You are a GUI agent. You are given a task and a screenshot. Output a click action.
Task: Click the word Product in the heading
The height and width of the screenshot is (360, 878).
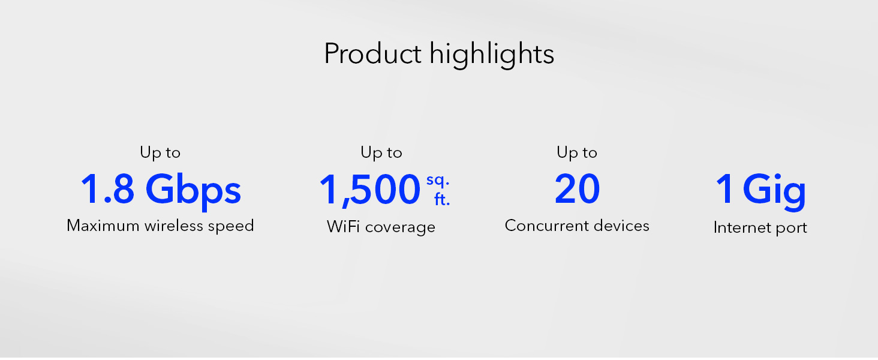(372, 53)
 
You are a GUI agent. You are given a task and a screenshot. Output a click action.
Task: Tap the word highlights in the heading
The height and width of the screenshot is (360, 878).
(492, 55)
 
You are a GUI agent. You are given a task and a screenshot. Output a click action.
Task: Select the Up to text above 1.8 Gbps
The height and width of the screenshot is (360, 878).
(160, 153)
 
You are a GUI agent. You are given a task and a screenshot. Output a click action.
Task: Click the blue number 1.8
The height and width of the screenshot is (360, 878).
(107, 189)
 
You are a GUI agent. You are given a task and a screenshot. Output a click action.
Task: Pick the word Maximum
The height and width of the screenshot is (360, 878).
(103, 226)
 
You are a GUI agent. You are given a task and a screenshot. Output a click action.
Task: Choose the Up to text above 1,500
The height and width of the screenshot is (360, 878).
(381, 153)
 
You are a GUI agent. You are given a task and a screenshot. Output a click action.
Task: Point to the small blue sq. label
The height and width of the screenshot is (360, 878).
(438, 181)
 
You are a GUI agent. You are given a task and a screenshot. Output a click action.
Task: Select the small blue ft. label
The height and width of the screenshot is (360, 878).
(442, 200)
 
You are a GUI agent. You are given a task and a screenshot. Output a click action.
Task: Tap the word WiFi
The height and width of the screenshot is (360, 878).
(343, 227)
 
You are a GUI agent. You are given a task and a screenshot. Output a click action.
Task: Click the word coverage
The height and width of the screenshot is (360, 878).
(400, 228)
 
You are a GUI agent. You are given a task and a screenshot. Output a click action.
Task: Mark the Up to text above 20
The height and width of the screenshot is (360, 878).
(577, 153)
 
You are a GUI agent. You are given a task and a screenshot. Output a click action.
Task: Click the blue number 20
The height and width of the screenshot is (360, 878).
(578, 189)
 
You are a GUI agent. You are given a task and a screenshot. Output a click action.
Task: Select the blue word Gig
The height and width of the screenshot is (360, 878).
(774, 192)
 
